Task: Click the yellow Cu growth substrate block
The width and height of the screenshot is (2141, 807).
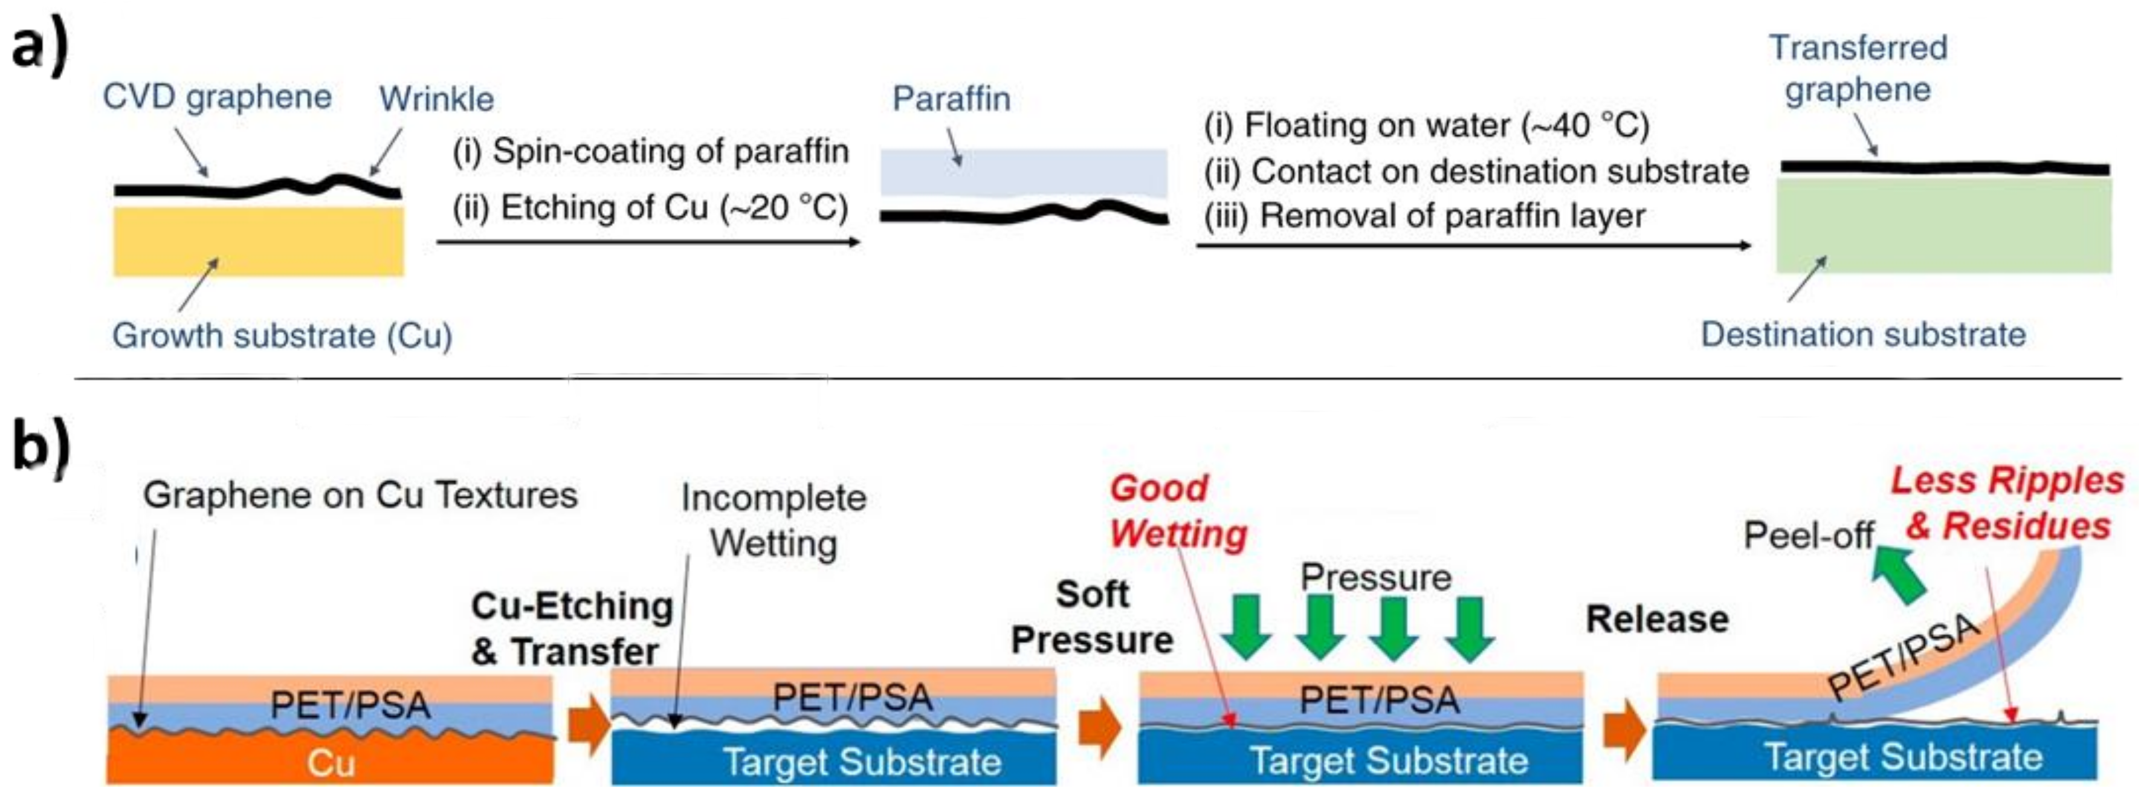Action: click(x=259, y=241)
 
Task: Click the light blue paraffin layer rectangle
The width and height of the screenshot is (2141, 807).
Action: click(x=1023, y=173)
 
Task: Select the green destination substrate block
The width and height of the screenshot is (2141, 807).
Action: click(x=1943, y=226)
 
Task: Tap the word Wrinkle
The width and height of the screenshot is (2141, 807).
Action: click(x=436, y=99)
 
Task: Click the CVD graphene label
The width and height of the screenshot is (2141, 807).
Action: click(x=217, y=97)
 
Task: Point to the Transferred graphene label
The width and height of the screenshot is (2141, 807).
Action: click(x=1858, y=68)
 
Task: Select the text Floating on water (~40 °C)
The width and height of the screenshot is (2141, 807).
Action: click(x=1426, y=126)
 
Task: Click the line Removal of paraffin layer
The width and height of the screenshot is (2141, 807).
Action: click(x=1424, y=216)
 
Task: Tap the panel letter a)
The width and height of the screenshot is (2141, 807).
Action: click(x=39, y=46)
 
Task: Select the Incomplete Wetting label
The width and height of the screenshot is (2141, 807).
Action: click(x=773, y=520)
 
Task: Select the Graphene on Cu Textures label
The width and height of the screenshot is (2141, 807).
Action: click(x=360, y=495)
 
